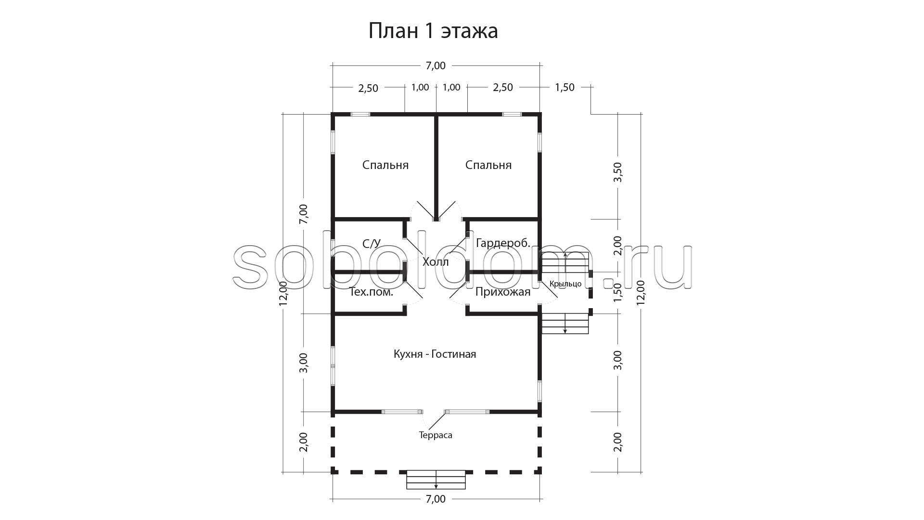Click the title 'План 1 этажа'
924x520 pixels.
click(x=433, y=31)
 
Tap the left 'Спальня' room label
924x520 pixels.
click(x=385, y=166)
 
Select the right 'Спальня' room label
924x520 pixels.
click(x=488, y=166)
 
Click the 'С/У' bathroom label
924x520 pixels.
click(x=372, y=244)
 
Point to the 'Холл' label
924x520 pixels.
click(x=436, y=262)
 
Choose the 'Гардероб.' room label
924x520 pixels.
click(x=503, y=244)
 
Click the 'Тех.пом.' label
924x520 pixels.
click(x=371, y=292)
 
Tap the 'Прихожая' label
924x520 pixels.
click(x=503, y=292)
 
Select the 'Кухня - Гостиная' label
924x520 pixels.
click(x=435, y=354)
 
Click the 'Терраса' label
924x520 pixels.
click(x=436, y=435)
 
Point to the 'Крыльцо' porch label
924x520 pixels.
click(x=565, y=284)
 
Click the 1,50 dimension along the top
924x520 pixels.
click(x=565, y=88)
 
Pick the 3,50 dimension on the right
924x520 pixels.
click(x=618, y=172)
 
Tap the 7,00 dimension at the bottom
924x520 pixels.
click(x=436, y=499)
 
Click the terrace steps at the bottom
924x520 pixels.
click(x=436, y=480)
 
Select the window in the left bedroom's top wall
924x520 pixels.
click(x=360, y=114)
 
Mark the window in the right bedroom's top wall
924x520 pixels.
click(x=512, y=114)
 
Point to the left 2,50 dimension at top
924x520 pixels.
click(x=368, y=88)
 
